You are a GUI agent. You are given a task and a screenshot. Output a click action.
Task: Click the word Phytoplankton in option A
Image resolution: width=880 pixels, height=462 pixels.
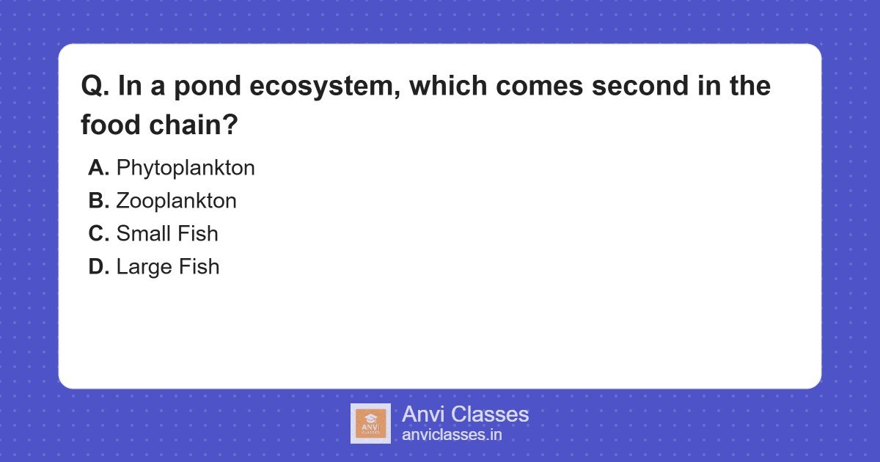point(186,168)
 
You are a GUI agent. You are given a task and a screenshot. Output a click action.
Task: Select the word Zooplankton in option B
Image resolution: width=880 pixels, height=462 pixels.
point(176,201)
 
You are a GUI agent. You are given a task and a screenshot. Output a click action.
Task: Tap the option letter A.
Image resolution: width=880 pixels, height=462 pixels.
point(98,168)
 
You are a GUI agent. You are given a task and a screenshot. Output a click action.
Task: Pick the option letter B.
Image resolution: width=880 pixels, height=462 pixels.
point(98,201)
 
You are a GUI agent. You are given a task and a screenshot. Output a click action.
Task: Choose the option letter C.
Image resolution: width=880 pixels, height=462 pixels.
point(98,234)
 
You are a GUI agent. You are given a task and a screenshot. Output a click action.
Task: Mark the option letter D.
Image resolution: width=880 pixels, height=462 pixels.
point(98,267)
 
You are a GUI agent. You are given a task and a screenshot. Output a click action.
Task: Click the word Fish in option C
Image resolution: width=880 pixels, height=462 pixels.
point(199,234)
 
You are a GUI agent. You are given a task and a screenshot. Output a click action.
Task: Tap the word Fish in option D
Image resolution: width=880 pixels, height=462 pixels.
point(200,267)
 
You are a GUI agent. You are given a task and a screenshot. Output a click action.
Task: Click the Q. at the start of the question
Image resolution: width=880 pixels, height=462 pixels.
point(95,87)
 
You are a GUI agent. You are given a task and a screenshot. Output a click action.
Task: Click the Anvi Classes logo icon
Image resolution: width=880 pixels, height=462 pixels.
point(370,423)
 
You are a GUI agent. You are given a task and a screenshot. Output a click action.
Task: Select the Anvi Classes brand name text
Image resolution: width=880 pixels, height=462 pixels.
point(465,414)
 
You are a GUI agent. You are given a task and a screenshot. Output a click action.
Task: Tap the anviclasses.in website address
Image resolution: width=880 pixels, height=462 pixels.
point(452,435)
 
